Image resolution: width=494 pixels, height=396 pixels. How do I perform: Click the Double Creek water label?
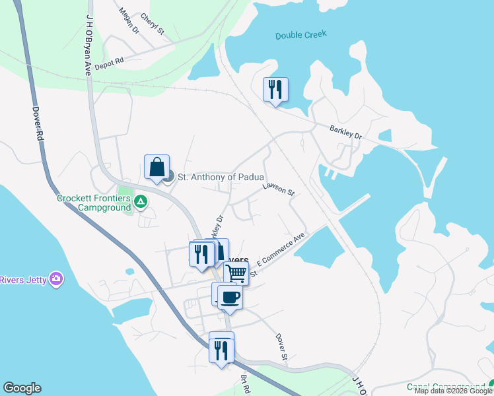[x=301, y=35]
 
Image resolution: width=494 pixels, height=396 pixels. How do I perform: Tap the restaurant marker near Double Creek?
[x=275, y=89]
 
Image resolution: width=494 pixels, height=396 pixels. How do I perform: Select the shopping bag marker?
[x=157, y=167]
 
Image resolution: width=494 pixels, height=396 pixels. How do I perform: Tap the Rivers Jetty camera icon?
[x=57, y=279]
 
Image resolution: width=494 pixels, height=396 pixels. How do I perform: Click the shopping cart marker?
[x=236, y=272]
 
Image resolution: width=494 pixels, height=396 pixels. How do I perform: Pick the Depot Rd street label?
[x=110, y=63]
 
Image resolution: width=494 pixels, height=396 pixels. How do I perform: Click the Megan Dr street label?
[x=129, y=20]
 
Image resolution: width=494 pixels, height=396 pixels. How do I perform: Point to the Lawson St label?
[x=277, y=189]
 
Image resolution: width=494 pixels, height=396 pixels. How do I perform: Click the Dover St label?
[x=281, y=346]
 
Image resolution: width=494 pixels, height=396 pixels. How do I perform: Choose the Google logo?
[x=22, y=388]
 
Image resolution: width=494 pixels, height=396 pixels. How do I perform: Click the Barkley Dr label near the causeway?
[x=346, y=131]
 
